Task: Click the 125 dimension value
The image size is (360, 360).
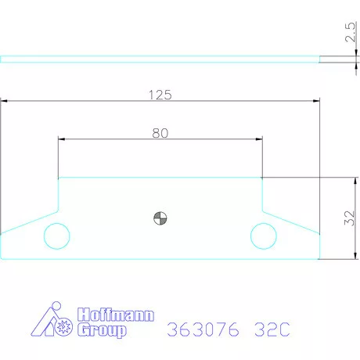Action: point(160,95)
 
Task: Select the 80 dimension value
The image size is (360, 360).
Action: point(160,133)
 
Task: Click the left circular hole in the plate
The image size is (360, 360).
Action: point(56,234)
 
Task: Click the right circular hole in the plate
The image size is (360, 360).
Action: point(264,234)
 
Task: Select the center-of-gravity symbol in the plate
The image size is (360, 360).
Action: point(160,218)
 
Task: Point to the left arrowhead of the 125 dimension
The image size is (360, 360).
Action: point(5,101)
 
